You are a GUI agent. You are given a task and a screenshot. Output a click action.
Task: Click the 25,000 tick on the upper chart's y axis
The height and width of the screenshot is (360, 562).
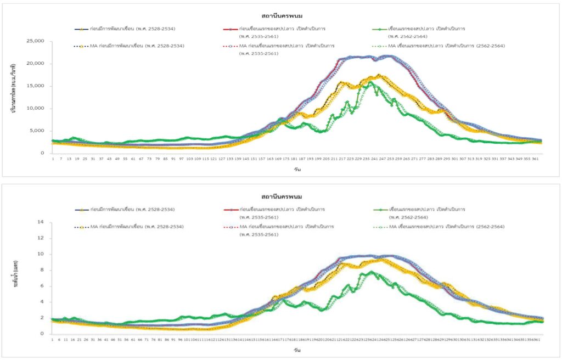35,41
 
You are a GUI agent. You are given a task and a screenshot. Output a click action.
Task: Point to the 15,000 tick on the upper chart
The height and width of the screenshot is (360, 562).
35,86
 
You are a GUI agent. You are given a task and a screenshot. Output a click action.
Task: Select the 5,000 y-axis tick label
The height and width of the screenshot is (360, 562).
37,131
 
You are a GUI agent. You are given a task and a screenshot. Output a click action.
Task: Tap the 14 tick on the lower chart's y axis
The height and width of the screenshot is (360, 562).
40,222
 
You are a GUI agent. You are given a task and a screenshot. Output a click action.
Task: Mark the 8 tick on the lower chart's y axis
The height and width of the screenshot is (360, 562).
42,270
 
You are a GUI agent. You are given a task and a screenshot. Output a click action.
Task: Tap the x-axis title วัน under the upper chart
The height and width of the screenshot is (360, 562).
297,169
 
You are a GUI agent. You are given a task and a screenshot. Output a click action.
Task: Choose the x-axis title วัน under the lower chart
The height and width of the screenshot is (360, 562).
297,350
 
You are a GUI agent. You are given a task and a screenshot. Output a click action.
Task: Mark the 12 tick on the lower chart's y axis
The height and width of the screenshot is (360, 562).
40,238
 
